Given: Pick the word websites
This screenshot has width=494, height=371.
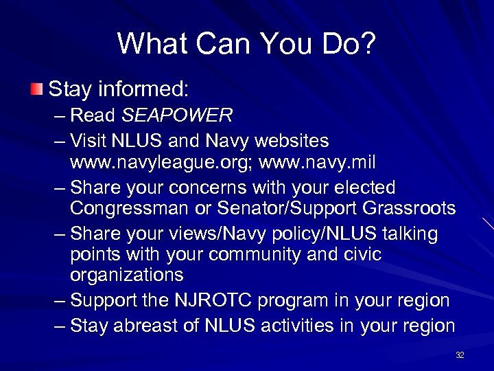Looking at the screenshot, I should coord(292,141).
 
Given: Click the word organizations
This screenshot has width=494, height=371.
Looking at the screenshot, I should coord(126,275).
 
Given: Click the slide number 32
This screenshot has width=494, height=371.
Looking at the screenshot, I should coord(460,355).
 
